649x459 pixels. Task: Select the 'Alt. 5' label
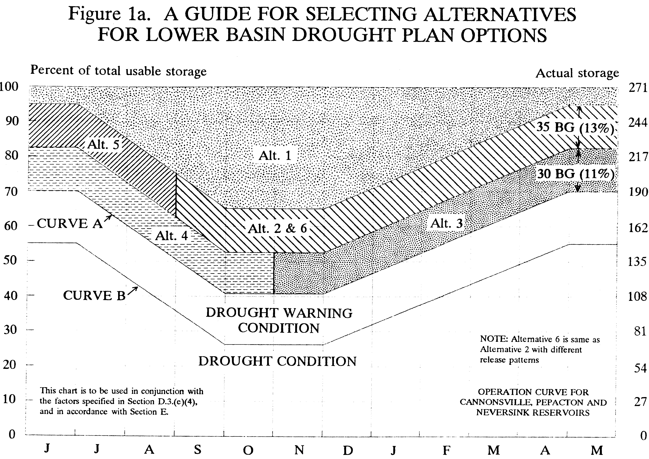[x=103, y=145]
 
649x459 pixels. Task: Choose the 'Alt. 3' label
[x=447, y=224]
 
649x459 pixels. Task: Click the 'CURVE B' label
[x=94, y=296]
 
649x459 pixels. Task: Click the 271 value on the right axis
[x=638, y=88]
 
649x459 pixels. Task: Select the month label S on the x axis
[x=198, y=449]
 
